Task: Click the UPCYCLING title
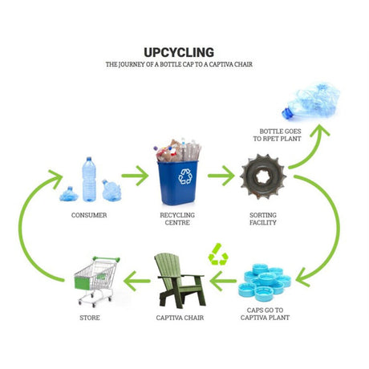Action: coord(179,52)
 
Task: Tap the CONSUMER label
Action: coord(89,215)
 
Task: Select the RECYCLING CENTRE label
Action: coord(177,219)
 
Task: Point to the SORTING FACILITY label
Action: coord(263,219)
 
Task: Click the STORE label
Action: coord(90,318)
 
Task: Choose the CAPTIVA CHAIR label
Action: coord(180,318)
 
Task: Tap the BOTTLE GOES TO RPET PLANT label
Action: coord(277,135)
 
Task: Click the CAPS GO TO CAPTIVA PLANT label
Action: coord(265,314)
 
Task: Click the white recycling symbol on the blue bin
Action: coord(185,176)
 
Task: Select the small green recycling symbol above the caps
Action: coord(218,254)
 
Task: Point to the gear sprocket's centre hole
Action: coord(263,177)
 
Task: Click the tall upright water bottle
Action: coord(89,179)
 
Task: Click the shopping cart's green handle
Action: coord(106,259)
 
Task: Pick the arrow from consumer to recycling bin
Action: coord(135,176)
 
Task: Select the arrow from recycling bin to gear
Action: coord(221,176)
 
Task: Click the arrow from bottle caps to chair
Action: coord(223,281)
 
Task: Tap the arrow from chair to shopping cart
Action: coord(136,281)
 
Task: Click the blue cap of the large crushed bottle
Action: coord(287,113)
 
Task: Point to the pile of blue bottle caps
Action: coord(265,282)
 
